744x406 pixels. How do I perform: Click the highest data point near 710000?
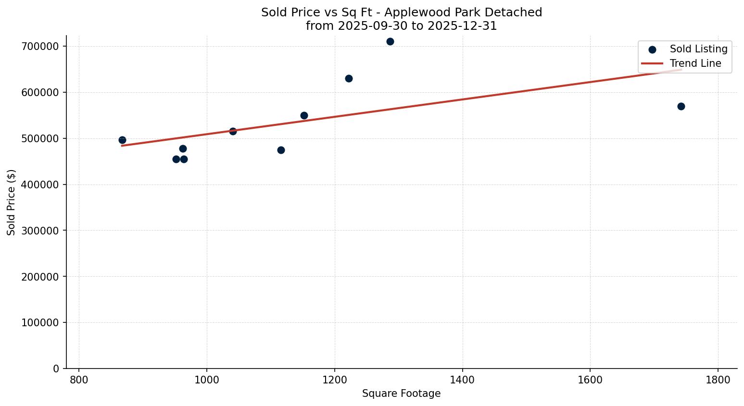[390, 41]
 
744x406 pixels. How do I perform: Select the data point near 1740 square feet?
[681, 106]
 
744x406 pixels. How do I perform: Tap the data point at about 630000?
[349, 78]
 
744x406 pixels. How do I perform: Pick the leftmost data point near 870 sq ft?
[122, 140]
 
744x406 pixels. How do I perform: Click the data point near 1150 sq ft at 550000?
[304, 115]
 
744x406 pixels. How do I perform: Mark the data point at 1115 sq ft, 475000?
[281, 150]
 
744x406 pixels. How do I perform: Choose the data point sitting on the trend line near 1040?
[233, 131]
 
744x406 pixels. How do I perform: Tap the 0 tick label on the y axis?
[56, 369]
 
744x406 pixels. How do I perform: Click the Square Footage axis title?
[401, 394]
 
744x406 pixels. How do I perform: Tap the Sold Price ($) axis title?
[11, 202]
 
